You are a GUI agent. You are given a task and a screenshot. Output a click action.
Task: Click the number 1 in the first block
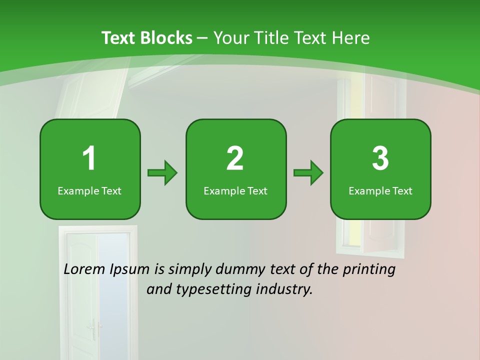point(89,158)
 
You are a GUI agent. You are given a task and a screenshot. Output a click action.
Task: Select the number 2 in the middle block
point(235,158)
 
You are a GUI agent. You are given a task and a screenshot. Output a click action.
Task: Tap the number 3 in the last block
point(380,158)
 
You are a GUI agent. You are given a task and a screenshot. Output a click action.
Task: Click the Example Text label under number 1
point(89,191)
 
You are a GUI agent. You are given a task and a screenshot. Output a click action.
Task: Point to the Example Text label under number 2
point(235,191)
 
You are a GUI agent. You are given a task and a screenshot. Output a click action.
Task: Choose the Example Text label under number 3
point(380,191)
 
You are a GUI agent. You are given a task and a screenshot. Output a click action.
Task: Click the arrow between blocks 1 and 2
point(162,173)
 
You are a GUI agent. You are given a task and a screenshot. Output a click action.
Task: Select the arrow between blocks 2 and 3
point(308,173)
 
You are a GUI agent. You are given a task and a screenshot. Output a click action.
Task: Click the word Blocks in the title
point(166,38)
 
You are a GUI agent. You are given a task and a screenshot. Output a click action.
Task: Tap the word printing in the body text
point(368,270)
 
